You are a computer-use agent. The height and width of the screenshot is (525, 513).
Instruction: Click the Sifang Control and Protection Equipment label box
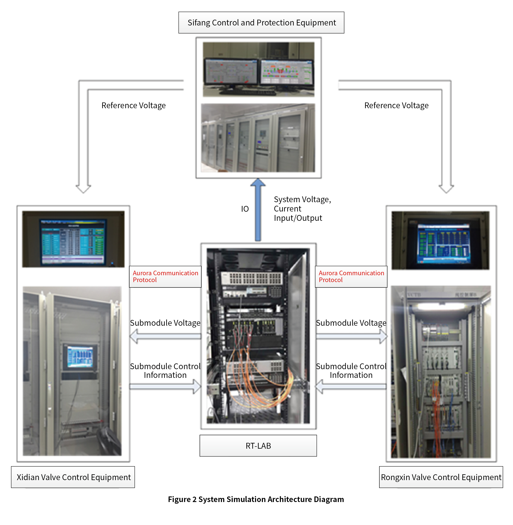point(261,23)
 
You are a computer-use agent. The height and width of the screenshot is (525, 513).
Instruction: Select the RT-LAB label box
point(258,446)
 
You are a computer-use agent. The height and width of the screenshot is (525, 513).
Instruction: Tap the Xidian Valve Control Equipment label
point(73,477)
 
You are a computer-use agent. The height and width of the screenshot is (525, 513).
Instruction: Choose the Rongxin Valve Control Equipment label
point(441,477)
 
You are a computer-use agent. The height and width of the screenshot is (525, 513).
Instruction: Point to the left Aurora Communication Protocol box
point(165,276)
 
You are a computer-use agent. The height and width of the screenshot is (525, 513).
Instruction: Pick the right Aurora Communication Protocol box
point(351,276)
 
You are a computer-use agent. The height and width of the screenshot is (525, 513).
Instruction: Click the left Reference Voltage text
point(133,105)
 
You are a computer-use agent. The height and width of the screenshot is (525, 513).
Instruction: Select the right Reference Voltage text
point(396,105)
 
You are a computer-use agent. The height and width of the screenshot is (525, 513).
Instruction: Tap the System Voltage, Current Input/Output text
point(302,209)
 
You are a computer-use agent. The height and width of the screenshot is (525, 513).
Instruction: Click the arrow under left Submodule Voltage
point(165,336)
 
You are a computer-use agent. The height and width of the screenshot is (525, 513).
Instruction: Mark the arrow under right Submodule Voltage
point(351,336)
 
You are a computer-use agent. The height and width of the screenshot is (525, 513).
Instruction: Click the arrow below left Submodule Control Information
point(165,387)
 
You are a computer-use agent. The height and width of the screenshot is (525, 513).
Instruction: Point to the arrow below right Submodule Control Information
point(351,387)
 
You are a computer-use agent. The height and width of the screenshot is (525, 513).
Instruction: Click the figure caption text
point(256,499)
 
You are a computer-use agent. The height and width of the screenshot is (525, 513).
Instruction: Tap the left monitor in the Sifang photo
point(231,72)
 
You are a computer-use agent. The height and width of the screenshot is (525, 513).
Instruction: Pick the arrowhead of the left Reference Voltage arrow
point(83,189)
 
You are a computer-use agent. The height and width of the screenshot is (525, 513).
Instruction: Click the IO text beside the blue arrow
point(245,209)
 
